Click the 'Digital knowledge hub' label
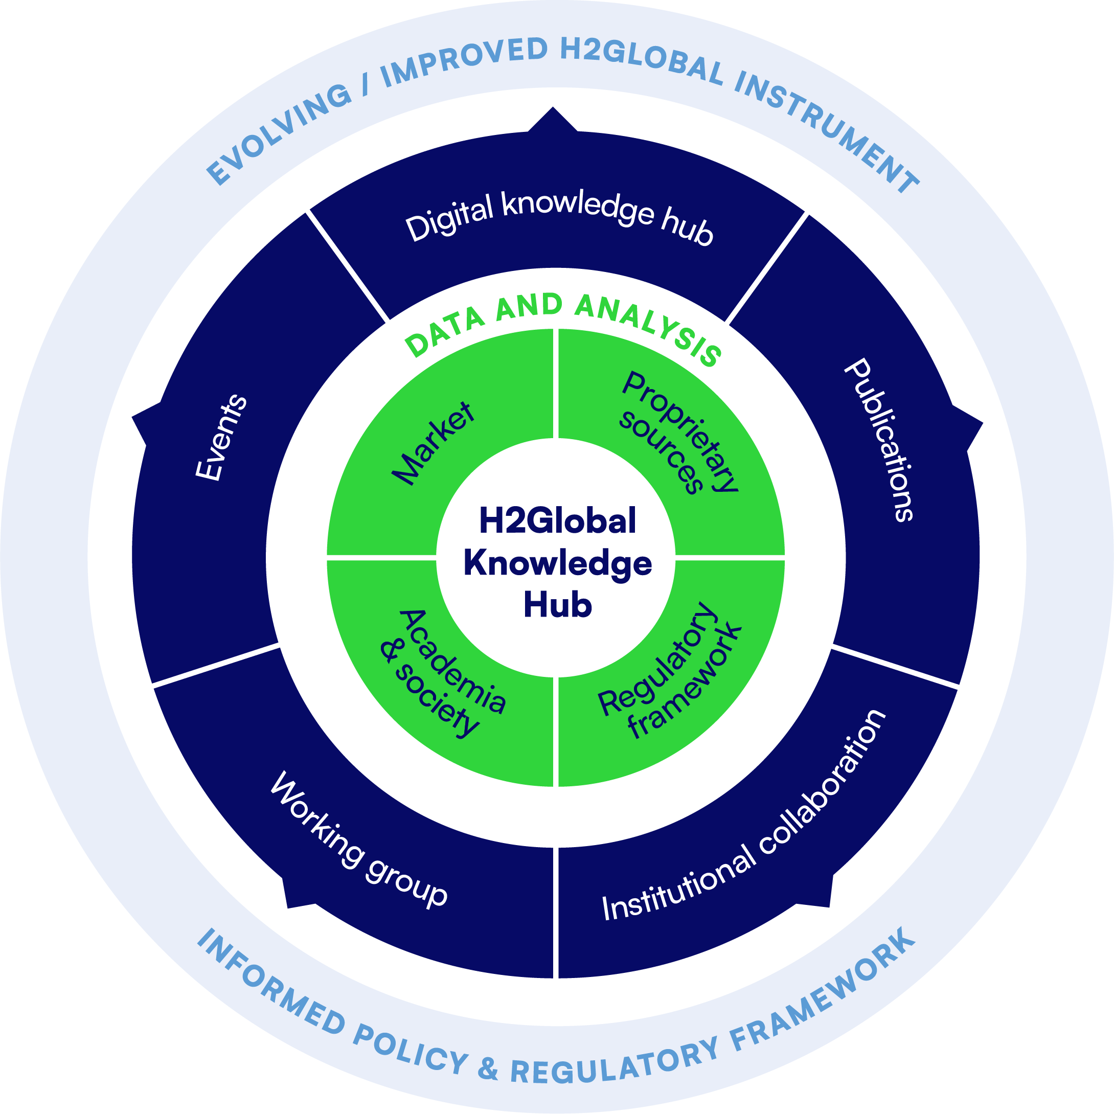[558, 217]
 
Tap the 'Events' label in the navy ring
[222, 437]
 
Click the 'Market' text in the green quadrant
[434, 443]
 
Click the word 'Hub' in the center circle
[558, 605]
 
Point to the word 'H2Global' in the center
[558, 520]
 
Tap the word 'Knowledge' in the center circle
[558, 563]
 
